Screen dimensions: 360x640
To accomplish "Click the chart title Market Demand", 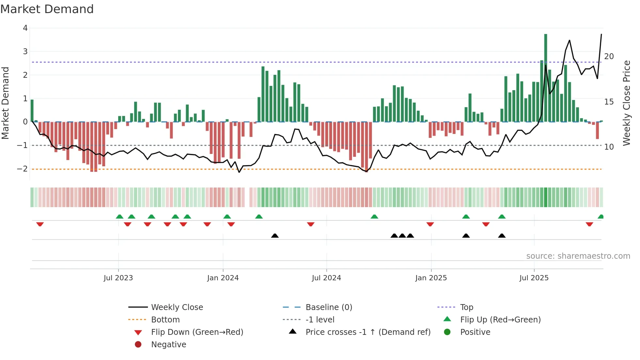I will click(x=47, y=9).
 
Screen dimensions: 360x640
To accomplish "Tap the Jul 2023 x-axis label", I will click(x=118, y=278).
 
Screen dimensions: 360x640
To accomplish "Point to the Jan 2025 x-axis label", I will click(x=431, y=278).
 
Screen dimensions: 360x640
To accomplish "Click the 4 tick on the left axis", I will click(x=25, y=28).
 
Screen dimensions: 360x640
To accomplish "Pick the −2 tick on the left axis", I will click(x=23, y=169).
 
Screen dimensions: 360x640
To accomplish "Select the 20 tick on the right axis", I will click(x=609, y=57).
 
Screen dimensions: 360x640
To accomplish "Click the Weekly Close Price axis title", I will click(x=626, y=103).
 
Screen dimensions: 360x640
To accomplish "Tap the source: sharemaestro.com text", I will click(x=578, y=256).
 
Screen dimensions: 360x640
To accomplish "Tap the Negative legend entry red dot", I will click(x=138, y=345).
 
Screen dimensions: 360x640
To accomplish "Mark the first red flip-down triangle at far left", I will click(x=40, y=224).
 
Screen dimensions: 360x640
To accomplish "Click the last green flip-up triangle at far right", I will click(x=601, y=217).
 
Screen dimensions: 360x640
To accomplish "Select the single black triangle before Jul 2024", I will click(x=275, y=236).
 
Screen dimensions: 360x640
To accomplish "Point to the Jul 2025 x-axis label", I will click(x=534, y=278).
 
